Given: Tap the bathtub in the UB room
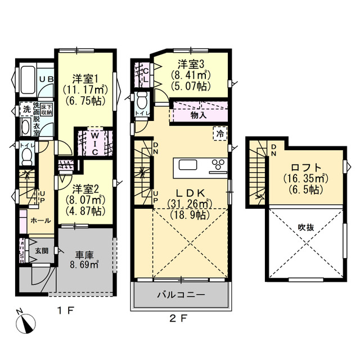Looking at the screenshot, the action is click(28, 80).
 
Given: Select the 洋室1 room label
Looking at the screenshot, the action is click(85, 79).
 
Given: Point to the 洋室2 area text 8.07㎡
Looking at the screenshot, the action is click(85, 200).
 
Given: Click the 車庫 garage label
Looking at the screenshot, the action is click(84, 255).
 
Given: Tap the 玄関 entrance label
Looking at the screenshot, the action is click(42, 251).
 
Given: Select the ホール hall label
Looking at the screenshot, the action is click(40, 220).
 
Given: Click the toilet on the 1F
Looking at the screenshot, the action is click(28, 156).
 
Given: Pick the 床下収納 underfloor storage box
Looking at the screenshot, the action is click(47, 110).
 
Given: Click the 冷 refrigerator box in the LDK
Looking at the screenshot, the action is click(220, 133).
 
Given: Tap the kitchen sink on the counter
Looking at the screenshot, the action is click(188, 165).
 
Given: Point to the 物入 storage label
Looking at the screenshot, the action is click(199, 115).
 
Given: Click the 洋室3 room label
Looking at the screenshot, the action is click(191, 64).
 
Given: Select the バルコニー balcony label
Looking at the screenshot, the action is click(181, 295).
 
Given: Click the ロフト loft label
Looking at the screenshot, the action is click(306, 168).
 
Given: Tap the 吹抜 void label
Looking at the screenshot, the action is click(306, 227).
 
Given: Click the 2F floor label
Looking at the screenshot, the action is click(179, 318).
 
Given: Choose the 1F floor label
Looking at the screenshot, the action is click(65, 310).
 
